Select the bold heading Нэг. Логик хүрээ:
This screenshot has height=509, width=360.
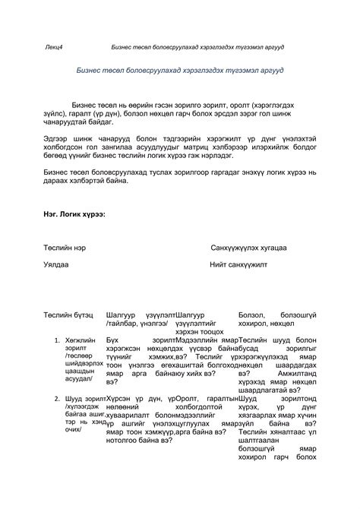pyautogui.click(x=74, y=213)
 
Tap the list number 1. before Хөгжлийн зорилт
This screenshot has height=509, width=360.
pyautogui.click(x=58, y=339)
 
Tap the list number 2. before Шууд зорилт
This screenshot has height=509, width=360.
pyautogui.click(x=58, y=398)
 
